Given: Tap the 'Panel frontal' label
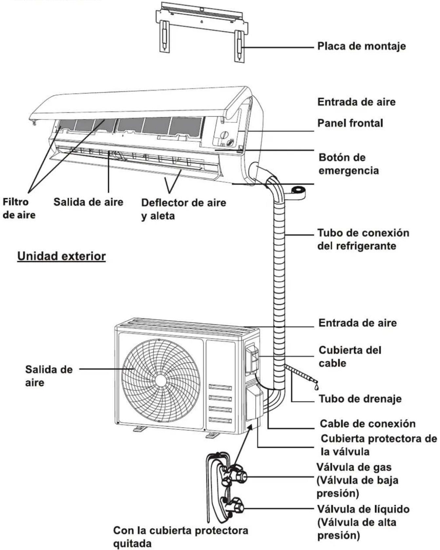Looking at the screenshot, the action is pos(350,123).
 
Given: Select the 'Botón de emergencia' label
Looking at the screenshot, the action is pos(349,164).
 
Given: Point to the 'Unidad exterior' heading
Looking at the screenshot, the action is pos(61,256).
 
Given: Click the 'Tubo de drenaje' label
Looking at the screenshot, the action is pos(360,399).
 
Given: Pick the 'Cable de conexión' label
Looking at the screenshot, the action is pos(368,424).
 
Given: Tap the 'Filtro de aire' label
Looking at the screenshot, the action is pos(19,208).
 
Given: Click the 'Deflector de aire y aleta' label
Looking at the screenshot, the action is pos(183,209).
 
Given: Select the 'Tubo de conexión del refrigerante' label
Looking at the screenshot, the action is pos(363,239).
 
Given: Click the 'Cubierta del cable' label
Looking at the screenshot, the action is pos(350,356).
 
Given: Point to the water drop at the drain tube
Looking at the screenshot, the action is pos(316,387).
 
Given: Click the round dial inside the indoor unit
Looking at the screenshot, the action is pos(224,135).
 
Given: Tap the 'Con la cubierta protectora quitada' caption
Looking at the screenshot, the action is pos(181,537).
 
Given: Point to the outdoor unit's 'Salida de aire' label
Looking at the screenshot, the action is pos(49,376).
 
